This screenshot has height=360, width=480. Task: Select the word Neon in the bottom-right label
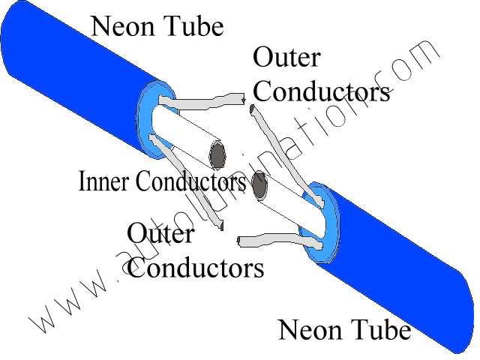click(x=307, y=329)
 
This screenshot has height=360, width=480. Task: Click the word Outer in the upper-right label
click(x=286, y=58)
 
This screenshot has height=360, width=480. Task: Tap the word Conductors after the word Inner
click(x=187, y=181)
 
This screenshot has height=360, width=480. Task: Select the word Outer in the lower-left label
click(x=160, y=234)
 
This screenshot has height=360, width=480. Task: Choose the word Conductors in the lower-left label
click(x=196, y=268)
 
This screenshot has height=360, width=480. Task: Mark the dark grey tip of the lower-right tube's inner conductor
click(x=261, y=185)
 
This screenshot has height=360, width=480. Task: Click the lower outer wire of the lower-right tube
click(x=277, y=240)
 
